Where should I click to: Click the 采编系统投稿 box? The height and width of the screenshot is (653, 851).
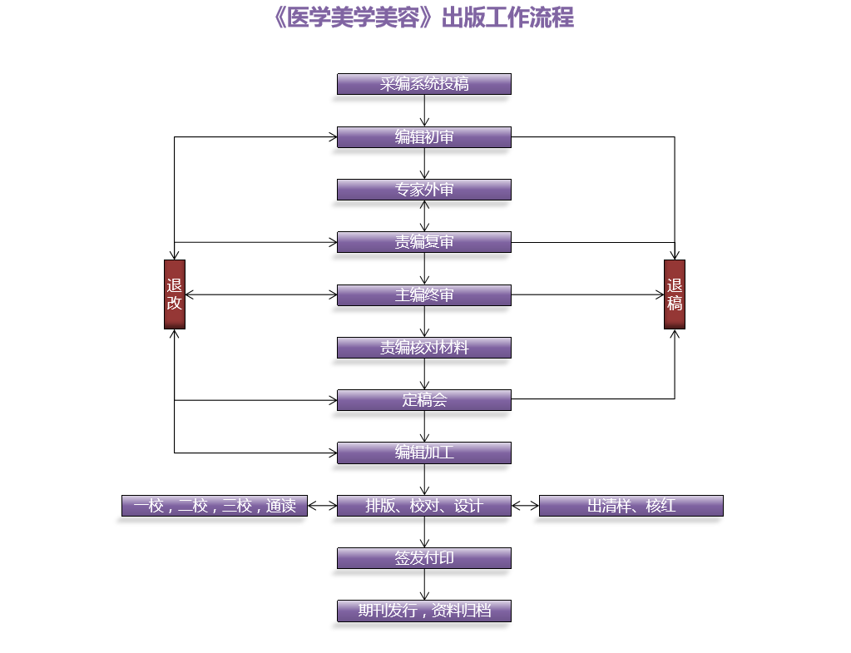[423, 84]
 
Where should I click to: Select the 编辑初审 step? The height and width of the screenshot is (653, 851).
[423, 137]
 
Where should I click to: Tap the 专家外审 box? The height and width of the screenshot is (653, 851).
[423, 190]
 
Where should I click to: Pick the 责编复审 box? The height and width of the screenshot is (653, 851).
[423, 242]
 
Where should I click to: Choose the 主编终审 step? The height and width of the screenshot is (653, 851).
[423, 295]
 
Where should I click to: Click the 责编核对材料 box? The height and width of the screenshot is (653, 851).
[423, 348]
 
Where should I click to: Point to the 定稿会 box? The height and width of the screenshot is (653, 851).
[423, 400]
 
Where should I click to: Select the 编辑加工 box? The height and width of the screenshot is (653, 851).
[423, 453]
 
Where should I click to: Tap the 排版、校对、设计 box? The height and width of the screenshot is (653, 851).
[423, 506]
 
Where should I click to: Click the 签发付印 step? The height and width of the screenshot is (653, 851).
[423, 558]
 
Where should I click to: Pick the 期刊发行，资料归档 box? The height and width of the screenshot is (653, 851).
[423, 611]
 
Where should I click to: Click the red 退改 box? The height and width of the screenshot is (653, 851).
[175, 294]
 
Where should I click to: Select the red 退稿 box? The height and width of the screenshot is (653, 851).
[675, 294]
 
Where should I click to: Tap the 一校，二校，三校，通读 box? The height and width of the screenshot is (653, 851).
[215, 506]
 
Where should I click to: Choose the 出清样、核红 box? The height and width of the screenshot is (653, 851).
[631, 506]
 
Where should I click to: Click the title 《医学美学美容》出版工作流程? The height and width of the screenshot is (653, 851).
[423, 17]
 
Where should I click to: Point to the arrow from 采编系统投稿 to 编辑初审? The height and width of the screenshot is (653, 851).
[424, 111]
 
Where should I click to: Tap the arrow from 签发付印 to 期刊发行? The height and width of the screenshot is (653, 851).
[424, 584]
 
